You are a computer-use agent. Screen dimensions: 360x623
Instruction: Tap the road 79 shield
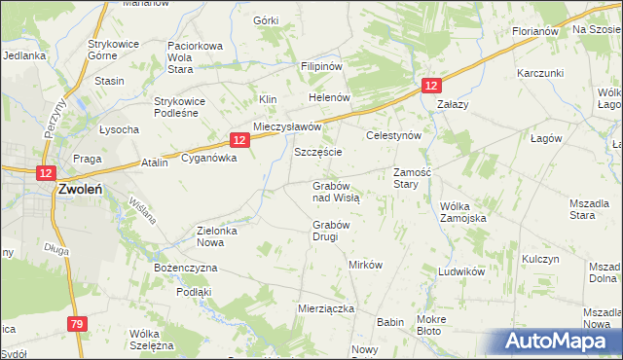(x=78, y=323)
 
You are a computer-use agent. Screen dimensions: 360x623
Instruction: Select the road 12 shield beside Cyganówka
(x=240, y=140)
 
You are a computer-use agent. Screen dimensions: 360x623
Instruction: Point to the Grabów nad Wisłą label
(x=336, y=191)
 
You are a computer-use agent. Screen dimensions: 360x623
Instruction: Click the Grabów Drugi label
(x=331, y=231)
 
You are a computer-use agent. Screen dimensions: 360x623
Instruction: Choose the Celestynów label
(x=393, y=136)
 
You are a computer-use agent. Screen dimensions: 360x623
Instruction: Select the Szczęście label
(x=318, y=154)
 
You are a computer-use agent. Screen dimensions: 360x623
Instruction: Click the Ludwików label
(x=461, y=272)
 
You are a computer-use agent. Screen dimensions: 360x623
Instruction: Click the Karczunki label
(x=541, y=74)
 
